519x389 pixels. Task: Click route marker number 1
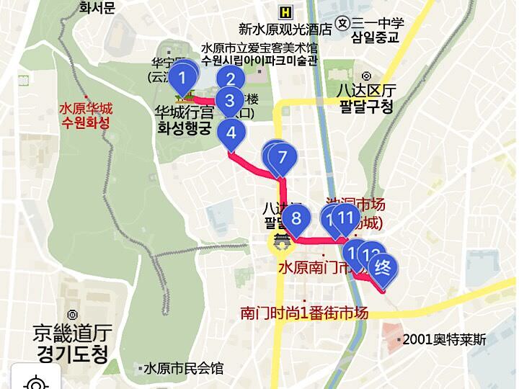[x=185, y=76]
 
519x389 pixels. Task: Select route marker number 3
[x=230, y=101]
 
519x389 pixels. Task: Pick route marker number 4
[x=231, y=133]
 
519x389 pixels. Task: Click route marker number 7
[x=282, y=156]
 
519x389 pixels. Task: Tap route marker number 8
[x=296, y=217]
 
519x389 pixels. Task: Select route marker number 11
[x=346, y=216]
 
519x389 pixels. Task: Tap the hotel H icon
[x=287, y=12]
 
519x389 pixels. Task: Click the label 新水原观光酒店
[x=285, y=30]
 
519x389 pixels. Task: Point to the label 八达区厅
[x=367, y=91]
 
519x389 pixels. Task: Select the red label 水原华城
[x=86, y=109]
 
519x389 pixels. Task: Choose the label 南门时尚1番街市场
[x=304, y=313]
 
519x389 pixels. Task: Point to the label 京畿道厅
[x=71, y=334]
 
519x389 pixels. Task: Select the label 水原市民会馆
[x=183, y=368]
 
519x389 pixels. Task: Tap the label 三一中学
[x=378, y=22]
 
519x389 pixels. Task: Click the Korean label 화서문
[x=97, y=8]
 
